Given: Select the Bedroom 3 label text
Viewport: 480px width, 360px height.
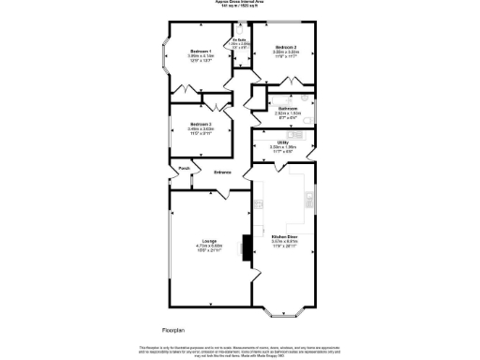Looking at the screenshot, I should click(x=199, y=124).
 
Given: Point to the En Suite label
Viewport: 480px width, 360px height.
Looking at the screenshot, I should click(x=240, y=40).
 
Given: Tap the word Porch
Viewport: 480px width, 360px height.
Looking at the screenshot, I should click(x=186, y=170).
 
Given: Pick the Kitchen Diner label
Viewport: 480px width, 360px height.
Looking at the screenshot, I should click(x=284, y=236).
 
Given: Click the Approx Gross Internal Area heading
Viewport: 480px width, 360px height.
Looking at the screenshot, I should click(x=240, y=3).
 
